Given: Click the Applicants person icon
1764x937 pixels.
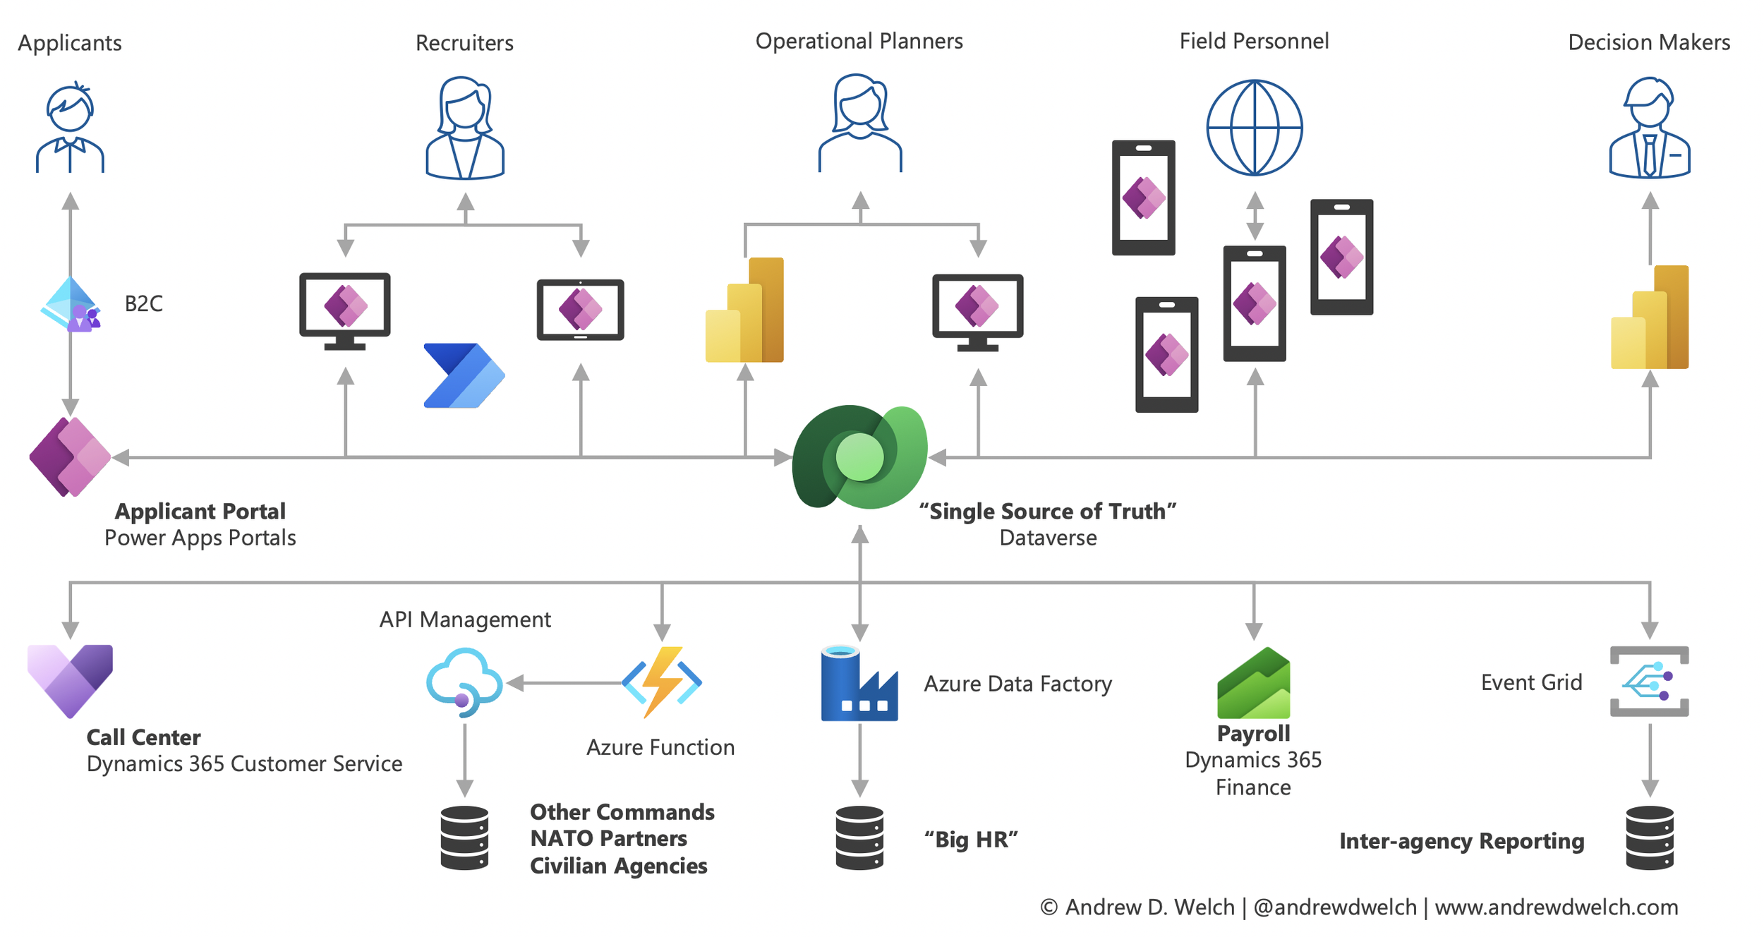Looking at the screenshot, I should (x=70, y=128).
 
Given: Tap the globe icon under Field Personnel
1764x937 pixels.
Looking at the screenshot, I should (x=1254, y=128).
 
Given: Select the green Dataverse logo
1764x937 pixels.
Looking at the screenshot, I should (x=859, y=457).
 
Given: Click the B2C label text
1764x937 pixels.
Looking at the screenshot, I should (x=143, y=303).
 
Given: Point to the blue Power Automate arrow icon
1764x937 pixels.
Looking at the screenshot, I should (x=464, y=375).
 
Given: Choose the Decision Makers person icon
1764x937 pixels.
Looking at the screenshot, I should (x=1649, y=128).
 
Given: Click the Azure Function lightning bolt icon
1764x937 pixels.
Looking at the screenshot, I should (x=662, y=682).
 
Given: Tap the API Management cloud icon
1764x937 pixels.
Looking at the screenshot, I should (x=464, y=682).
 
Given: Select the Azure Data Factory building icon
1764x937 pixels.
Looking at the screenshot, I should (x=859, y=683).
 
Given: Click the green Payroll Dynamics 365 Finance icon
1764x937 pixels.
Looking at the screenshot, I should (x=1253, y=683).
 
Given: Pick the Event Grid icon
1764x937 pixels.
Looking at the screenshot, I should (x=1649, y=681).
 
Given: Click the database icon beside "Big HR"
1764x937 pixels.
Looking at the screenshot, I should (x=859, y=838).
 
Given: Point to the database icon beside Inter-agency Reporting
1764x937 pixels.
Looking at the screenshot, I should (x=1649, y=838).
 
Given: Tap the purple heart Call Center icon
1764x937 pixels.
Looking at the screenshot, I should (x=70, y=679).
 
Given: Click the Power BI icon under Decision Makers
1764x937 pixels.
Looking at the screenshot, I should (x=1649, y=318).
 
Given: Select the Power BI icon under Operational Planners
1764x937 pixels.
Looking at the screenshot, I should (x=744, y=310).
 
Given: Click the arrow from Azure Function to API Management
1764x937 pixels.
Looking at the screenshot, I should (x=564, y=682).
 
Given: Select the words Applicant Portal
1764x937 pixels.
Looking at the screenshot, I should (x=200, y=511).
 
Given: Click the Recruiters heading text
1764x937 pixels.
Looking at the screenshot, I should (x=464, y=43).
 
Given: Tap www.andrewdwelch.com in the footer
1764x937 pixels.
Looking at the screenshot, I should (x=1556, y=907).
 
